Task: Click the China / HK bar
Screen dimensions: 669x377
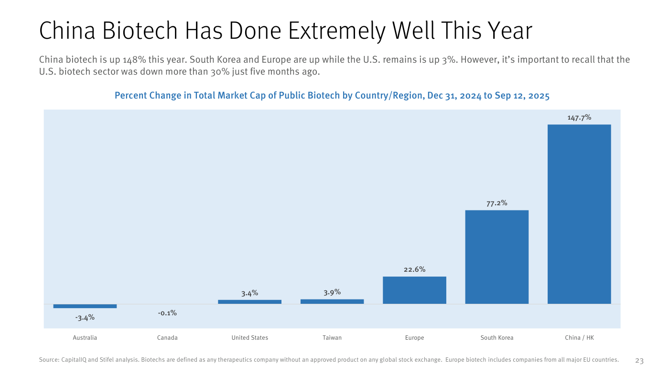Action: click(579, 214)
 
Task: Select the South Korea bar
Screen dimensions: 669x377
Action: click(496, 257)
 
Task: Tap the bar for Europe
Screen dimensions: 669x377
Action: click(415, 290)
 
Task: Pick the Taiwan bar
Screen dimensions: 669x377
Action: click(332, 301)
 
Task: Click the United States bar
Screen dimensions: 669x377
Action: click(249, 302)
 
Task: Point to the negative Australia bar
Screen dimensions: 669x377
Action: click(85, 306)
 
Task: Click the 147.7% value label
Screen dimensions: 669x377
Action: click(579, 118)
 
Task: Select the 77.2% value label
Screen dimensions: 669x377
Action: click(496, 203)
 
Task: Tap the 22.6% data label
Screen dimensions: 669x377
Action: click(415, 269)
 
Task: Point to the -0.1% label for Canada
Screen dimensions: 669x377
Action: click(167, 313)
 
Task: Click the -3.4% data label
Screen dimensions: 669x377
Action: click(85, 318)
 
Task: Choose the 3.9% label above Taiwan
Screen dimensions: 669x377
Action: click(332, 292)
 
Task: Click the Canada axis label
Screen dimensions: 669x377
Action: click(167, 338)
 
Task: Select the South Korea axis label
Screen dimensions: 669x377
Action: click(496, 338)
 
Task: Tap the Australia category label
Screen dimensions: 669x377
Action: click(85, 338)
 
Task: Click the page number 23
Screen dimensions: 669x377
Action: click(639, 361)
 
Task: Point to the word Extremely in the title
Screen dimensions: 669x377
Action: click(336, 31)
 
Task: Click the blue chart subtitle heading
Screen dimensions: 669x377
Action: click(332, 95)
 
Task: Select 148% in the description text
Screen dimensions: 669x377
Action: click(134, 60)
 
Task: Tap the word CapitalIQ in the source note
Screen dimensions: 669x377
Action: click(74, 360)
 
